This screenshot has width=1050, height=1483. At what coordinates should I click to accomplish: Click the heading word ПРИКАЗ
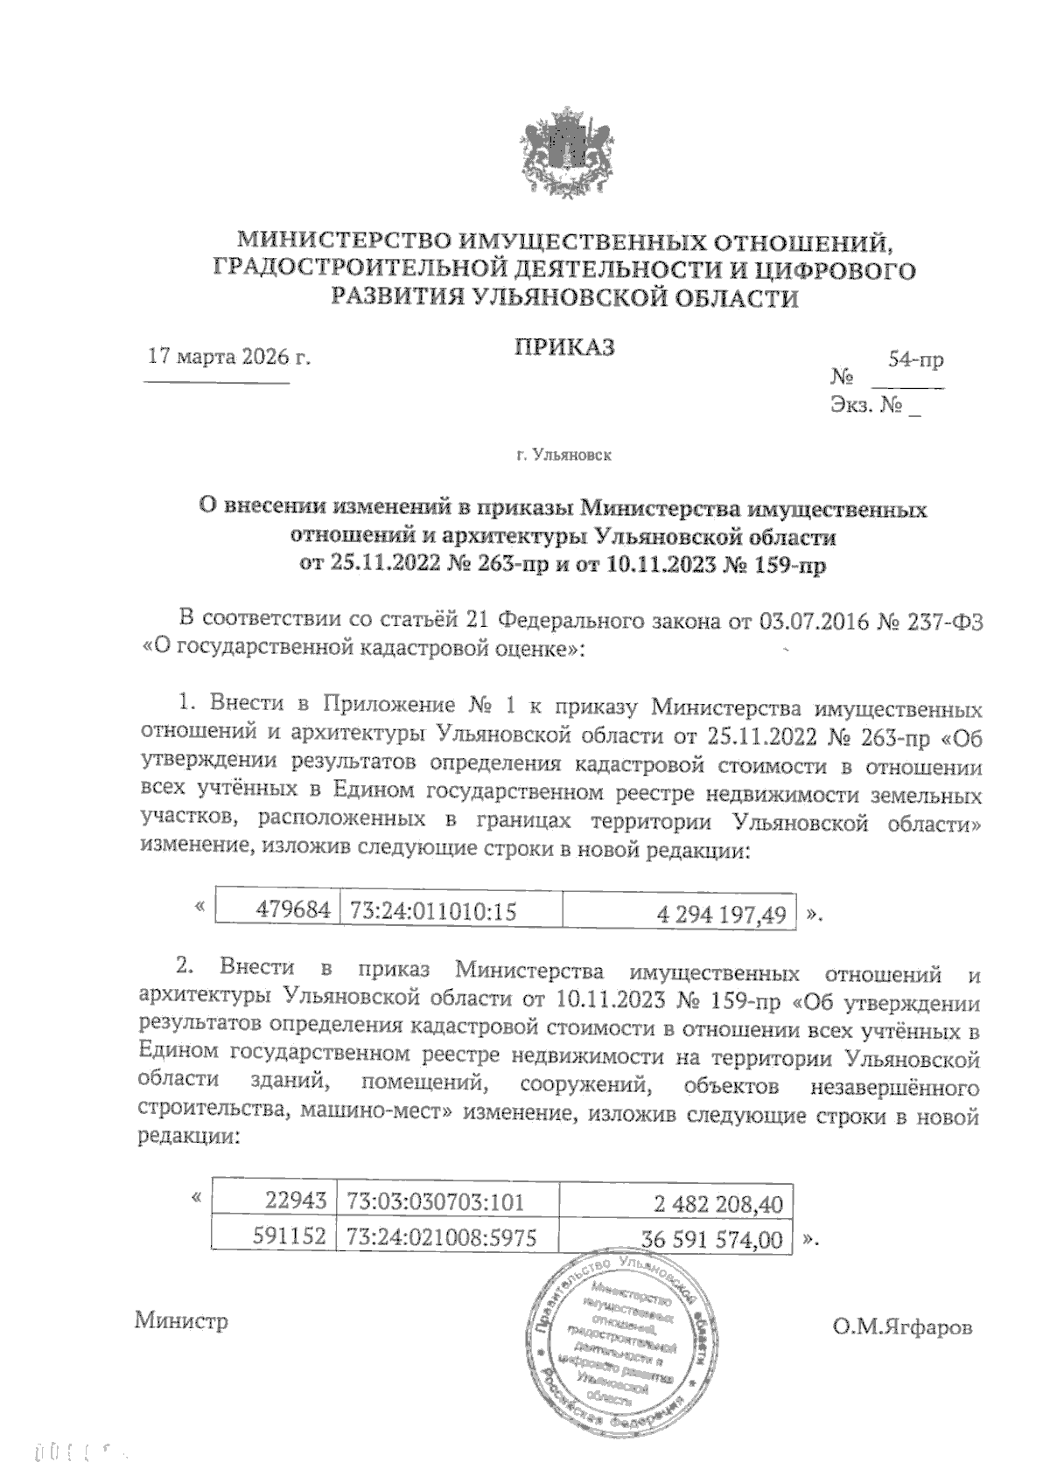coord(563,346)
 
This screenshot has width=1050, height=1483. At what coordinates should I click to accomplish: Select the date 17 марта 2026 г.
coord(230,357)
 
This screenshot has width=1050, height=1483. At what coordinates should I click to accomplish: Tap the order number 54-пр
coord(915,359)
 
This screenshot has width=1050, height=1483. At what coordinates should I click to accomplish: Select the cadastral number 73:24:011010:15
coord(433,911)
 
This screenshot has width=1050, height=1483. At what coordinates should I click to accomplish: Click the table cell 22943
coord(299,1202)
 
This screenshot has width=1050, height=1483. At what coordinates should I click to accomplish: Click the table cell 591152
coord(289,1236)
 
